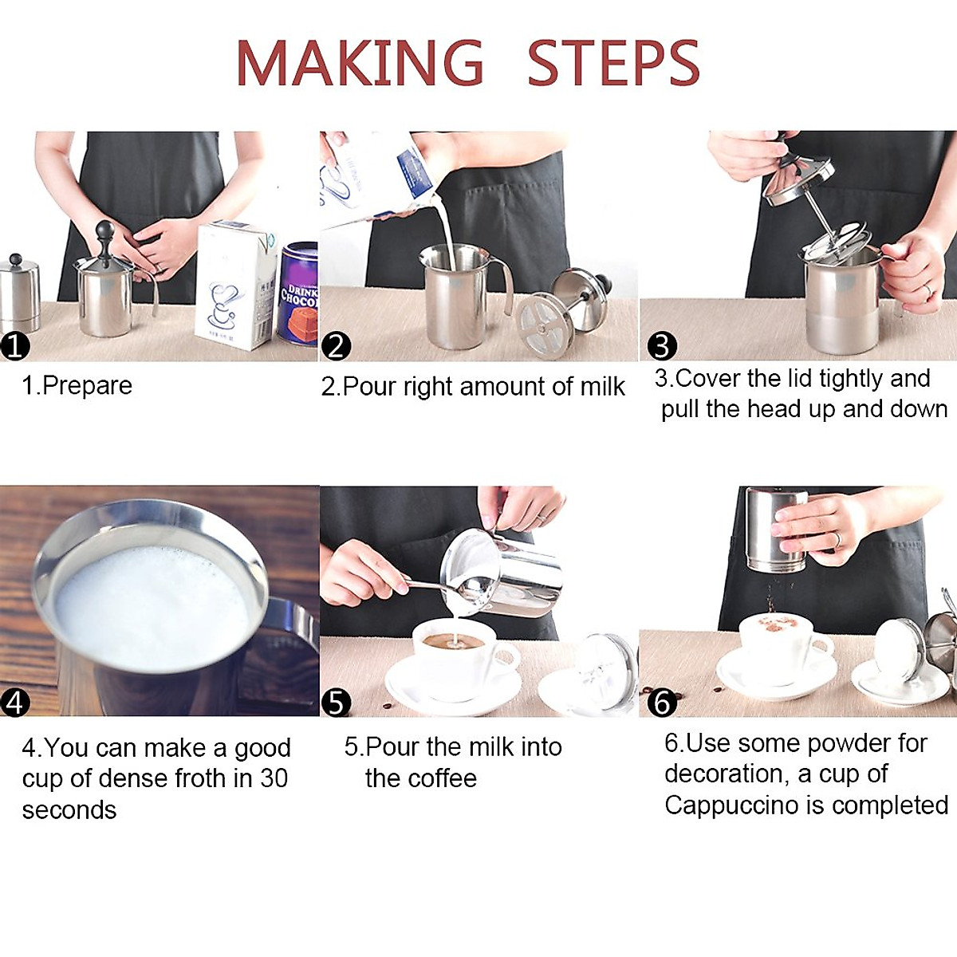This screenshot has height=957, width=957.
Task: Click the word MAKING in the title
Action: point(360,63)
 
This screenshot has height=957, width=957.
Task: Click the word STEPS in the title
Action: point(612,63)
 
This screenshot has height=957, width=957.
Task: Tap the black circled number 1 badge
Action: point(14,347)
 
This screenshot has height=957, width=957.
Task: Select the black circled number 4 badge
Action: point(14,703)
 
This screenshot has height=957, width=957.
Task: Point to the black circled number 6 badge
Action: point(661,703)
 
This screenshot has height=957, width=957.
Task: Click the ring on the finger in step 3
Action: point(927,291)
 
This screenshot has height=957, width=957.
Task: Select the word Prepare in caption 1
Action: point(87,386)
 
